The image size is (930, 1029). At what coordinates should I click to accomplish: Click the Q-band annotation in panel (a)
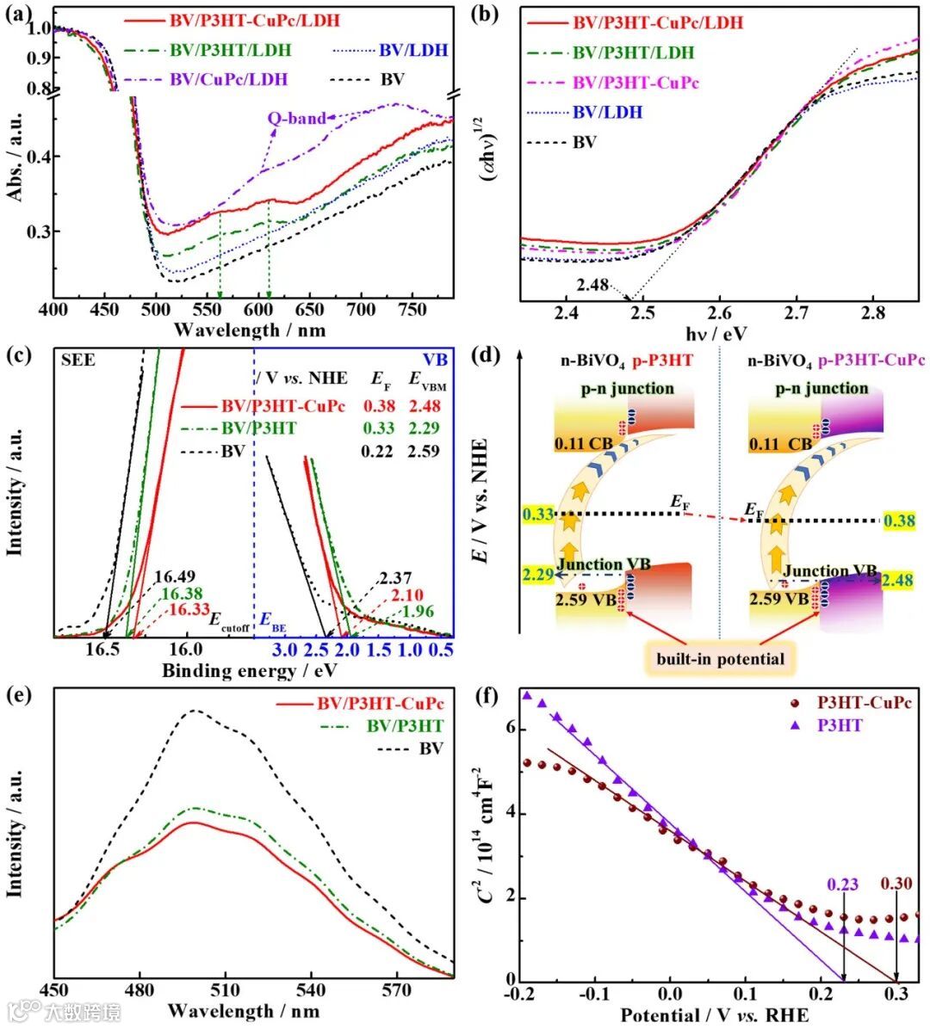[295, 118]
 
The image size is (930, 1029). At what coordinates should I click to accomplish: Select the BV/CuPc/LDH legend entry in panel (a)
[228, 79]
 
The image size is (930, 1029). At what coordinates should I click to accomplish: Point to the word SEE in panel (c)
[77, 360]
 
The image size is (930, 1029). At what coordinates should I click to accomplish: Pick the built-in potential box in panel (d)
[720, 659]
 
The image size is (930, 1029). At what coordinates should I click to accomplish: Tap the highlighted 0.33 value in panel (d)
[537, 515]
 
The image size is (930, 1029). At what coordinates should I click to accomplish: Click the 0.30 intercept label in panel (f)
[896, 884]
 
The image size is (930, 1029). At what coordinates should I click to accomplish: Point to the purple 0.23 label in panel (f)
[843, 884]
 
